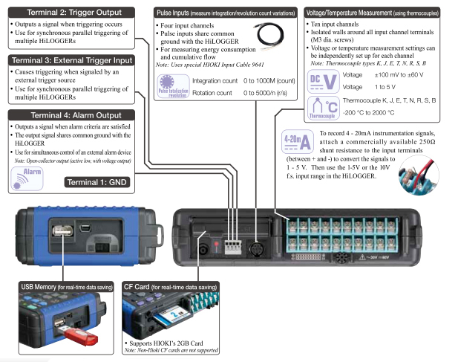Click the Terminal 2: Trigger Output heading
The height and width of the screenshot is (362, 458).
(71, 12)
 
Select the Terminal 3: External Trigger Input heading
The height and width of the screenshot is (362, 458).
(71, 59)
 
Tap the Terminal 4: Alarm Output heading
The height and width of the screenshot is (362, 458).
(71, 115)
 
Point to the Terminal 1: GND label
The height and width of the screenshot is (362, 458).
(104, 182)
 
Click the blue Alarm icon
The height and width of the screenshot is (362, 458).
(27, 176)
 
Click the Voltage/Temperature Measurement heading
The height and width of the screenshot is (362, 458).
(378, 13)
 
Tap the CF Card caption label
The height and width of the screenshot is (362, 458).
(170, 287)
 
